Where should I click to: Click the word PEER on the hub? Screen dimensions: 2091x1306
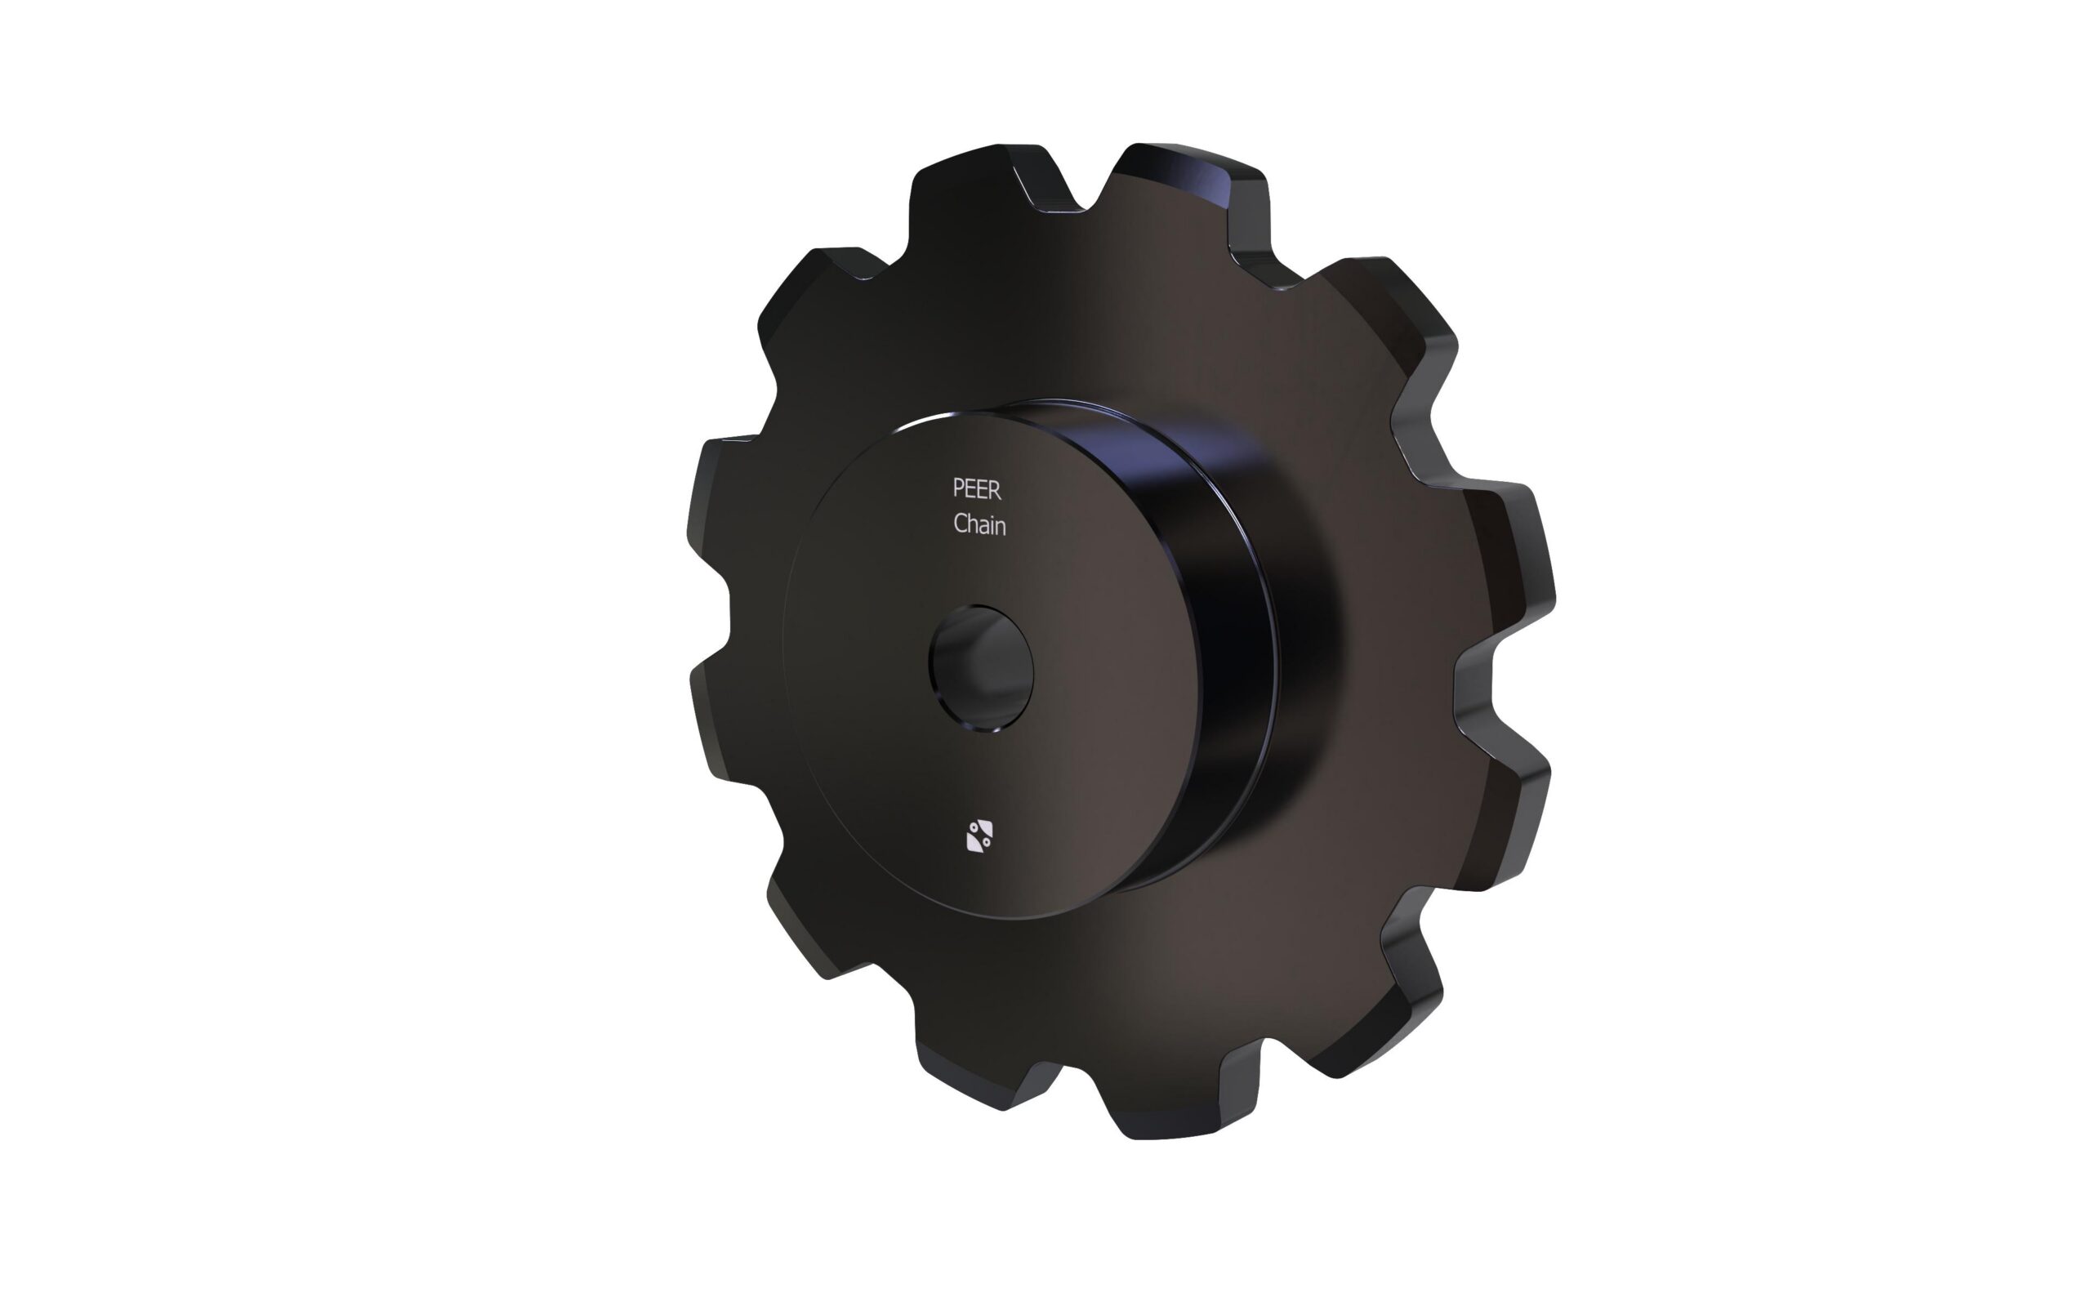pyautogui.click(x=977, y=489)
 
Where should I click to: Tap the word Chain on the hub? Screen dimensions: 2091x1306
pyautogui.click(x=979, y=524)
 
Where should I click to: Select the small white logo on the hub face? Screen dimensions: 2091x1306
pyautogui.click(x=979, y=836)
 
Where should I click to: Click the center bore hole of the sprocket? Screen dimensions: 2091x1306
pyautogui.click(x=980, y=670)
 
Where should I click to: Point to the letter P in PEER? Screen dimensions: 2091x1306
pyautogui.click(x=959, y=489)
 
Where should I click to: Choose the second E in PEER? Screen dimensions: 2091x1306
pyautogui.click(x=983, y=490)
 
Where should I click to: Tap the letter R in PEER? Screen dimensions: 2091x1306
pyautogui.click(x=996, y=490)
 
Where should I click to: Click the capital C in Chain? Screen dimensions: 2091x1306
pyautogui.click(x=961, y=524)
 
